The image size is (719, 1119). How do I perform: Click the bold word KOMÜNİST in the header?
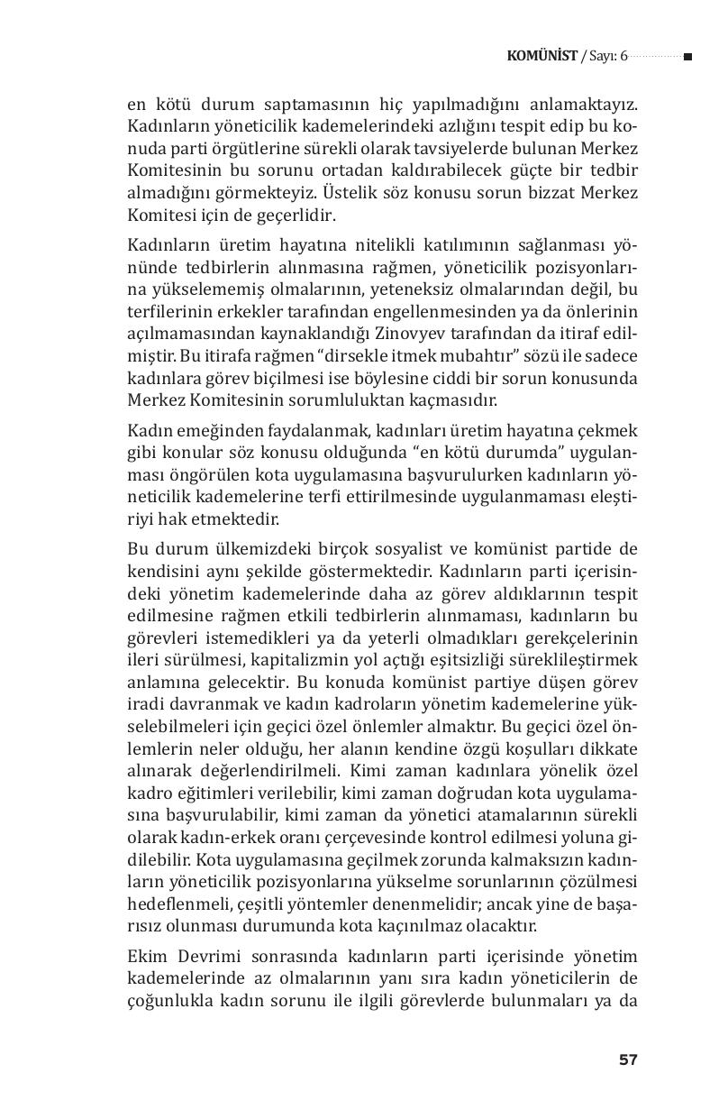(542, 57)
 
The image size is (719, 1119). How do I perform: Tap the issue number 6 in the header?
(623, 57)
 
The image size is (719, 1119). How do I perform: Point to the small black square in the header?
(687, 57)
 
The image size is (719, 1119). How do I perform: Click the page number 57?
(628, 1059)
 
